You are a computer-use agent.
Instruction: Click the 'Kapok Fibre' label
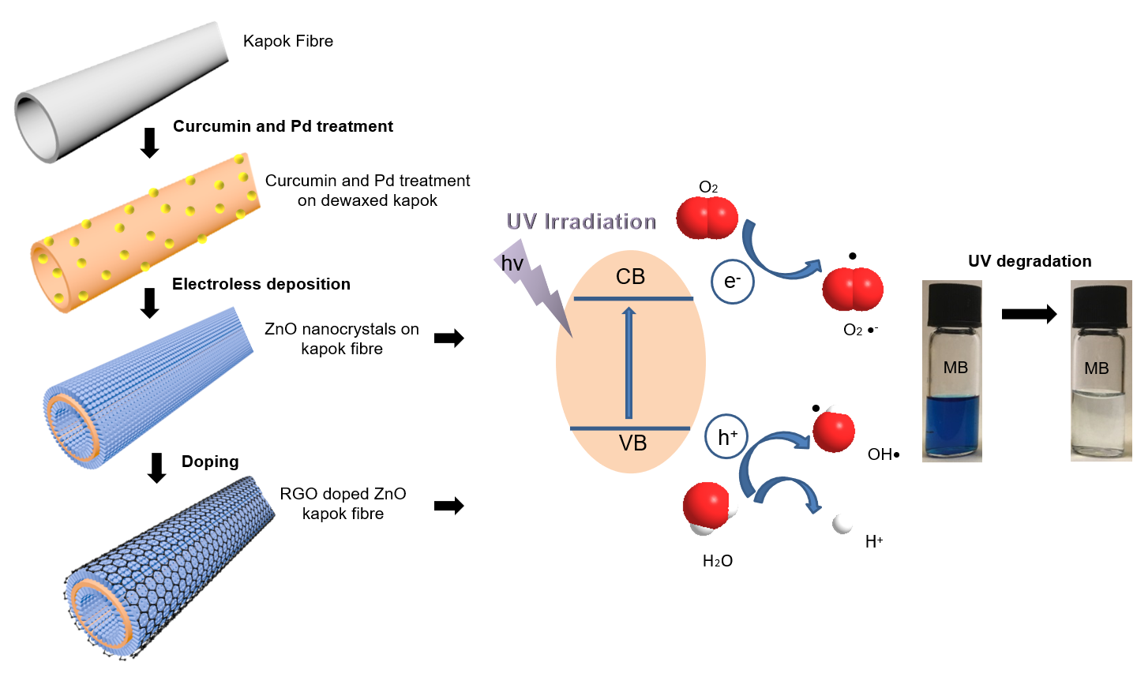pos(287,41)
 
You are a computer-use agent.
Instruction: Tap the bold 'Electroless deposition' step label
pos(261,284)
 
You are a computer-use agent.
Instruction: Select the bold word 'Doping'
pos(210,462)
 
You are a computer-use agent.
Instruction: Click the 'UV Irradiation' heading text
pos(581,222)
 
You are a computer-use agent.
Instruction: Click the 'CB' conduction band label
pos(630,277)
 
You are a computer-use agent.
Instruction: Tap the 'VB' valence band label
pos(632,443)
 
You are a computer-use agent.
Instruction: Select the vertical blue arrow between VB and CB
pos(629,363)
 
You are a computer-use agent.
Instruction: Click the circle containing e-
pos(732,282)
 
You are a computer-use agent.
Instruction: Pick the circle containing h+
pos(726,437)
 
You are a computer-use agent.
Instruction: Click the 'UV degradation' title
pos(1030,261)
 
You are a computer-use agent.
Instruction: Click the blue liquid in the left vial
pos(952,426)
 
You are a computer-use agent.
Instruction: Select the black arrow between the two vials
pos(1028,315)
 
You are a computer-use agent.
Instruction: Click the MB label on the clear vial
pos(1096,368)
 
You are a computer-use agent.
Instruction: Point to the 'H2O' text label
pos(717,561)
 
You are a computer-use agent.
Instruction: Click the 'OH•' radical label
pos(883,454)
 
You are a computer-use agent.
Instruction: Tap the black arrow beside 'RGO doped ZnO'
pos(448,506)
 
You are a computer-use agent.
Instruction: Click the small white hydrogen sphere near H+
pos(842,523)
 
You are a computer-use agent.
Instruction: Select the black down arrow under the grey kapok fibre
pos(149,143)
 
